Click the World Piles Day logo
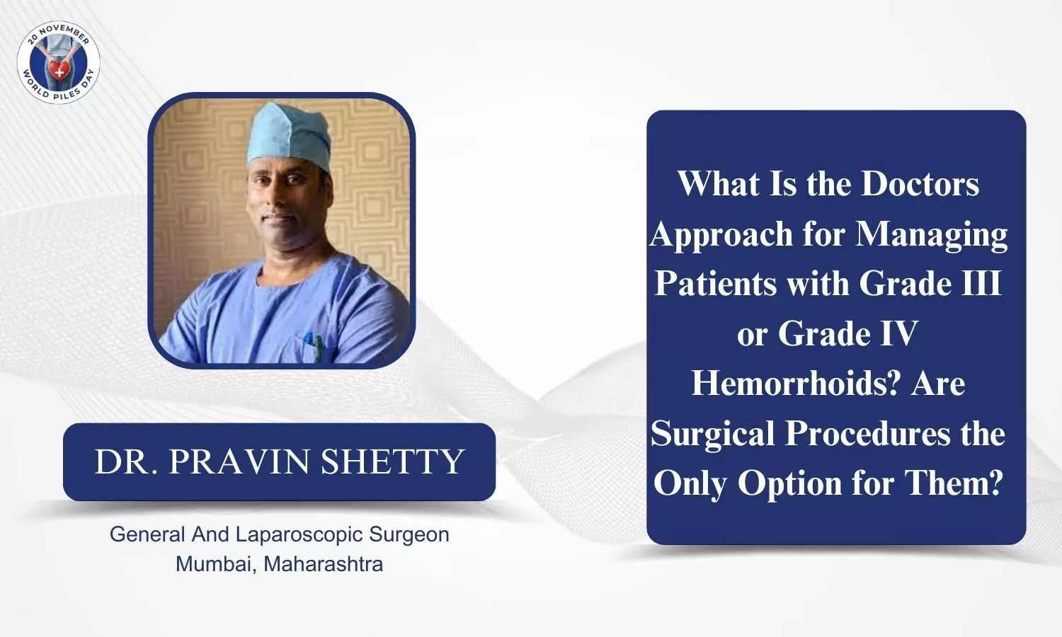(x=58, y=62)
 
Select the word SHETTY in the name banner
(x=392, y=461)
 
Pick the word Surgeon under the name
(x=409, y=534)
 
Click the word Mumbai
(x=217, y=564)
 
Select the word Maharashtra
(x=324, y=564)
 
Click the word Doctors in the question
(x=920, y=183)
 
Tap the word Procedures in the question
(x=868, y=433)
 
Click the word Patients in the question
(x=716, y=283)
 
